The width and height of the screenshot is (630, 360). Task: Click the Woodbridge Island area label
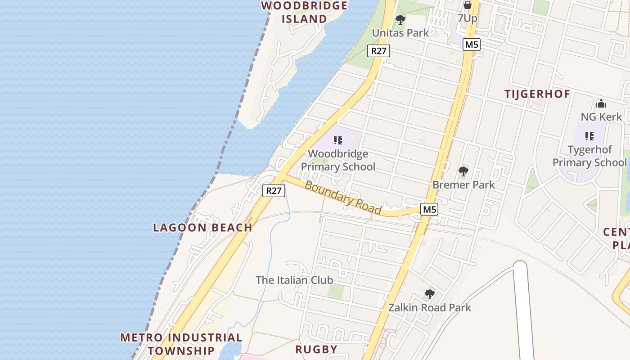(304, 12)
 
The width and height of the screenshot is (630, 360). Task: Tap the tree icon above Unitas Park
(400, 20)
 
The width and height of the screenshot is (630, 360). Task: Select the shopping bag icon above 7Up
(467, 5)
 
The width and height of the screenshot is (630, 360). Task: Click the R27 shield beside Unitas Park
(378, 51)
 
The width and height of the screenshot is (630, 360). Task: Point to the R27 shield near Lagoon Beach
(274, 191)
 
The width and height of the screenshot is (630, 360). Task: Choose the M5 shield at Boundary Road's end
(429, 209)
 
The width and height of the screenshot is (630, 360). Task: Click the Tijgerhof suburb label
(537, 94)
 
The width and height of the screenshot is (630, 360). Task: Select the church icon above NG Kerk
(601, 104)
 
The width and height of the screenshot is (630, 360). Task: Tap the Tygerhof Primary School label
(590, 156)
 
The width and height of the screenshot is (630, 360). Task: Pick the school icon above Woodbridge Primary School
(338, 140)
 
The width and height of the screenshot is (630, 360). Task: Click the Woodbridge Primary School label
(338, 160)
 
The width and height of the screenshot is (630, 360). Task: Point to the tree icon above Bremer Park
(463, 171)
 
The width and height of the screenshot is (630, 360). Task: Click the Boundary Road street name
(343, 198)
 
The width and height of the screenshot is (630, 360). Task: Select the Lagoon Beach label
(202, 227)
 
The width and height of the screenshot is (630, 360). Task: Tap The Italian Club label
(294, 280)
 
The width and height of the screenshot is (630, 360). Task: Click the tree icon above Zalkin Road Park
(429, 295)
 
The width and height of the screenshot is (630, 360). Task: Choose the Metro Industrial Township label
(181, 344)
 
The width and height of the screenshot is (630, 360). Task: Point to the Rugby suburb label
(316, 349)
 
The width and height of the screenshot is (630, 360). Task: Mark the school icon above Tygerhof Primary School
(589, 136)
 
